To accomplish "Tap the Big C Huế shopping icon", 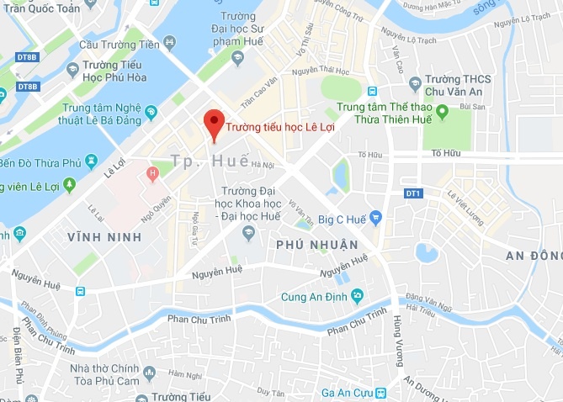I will [376, 219].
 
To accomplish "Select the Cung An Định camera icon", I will [358, 294].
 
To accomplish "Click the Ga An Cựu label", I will [346, 394].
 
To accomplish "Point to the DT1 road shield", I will [413, 194].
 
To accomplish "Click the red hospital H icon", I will [152, 175].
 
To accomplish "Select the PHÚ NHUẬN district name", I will [311, 245].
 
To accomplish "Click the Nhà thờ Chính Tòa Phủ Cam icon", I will [150, 372].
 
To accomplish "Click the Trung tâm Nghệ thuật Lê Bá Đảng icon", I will [151, 111].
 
